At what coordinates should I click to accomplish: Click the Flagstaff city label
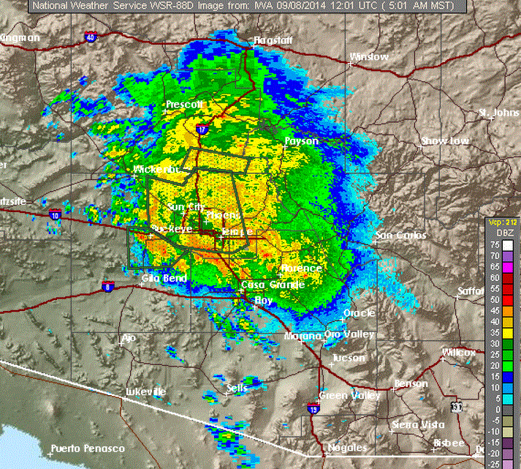pyautogui.click(x=272, y=40)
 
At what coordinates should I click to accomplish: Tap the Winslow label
pyautogui.click(x=369, y=56)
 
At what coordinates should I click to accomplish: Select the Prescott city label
pyautogui.click(x=184, y=105)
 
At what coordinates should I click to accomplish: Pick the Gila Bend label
pyautogui.click(x=161, y=278)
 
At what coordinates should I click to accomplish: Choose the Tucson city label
pyautogui.click(x=347, y=359)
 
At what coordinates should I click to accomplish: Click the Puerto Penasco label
pyautogui.click(x=88, y=449)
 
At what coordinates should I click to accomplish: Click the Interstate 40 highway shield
pyautogui.click(x=90, y=37)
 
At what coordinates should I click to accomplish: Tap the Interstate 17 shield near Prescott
pyautogui.click(x=202, y=130)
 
